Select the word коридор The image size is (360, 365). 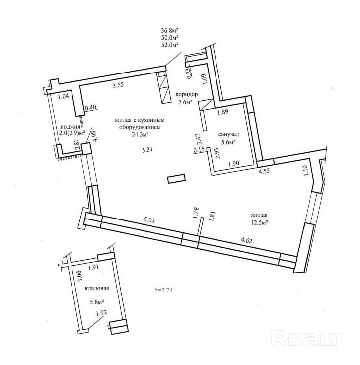(187, 95)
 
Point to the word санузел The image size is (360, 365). (228, 135)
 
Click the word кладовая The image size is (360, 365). (96, 288)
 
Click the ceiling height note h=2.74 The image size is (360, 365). (165, 290)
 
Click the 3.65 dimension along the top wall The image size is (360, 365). (118, 86)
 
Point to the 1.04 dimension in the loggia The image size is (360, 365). (63, 97)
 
